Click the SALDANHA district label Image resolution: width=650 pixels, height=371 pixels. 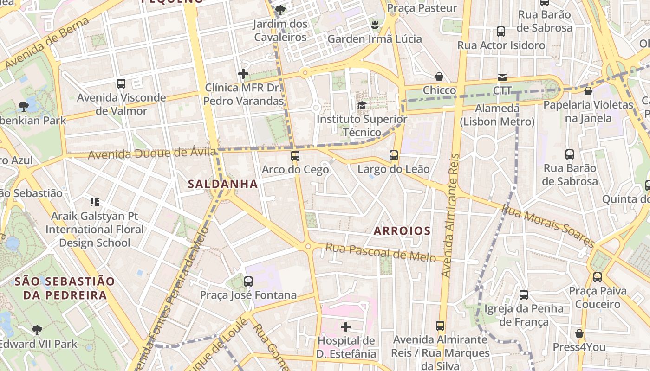[x=223, y=184]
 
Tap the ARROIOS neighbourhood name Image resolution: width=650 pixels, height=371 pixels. [x=402, y=230]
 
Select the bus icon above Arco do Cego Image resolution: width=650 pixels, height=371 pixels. [x=295, y=155]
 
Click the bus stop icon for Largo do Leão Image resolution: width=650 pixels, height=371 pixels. [x=394, y=155]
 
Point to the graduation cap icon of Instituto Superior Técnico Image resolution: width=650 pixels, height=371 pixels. [x=362, y=105]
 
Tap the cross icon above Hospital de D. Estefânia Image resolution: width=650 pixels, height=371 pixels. [x=346, y=327]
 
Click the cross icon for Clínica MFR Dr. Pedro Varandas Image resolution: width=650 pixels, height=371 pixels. [x=243, y=74]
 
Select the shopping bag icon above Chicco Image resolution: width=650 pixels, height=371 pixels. [x=439, y=77]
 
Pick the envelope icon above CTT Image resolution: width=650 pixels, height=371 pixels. [x=502, y=77]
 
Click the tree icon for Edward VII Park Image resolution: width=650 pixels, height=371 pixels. [x=37, y=330]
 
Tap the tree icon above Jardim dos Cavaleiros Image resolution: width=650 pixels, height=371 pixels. [x=280, y=10]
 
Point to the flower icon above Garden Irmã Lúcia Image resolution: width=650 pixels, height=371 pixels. [x=375, y=25]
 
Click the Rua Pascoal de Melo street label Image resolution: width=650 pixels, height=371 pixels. [x=380, y=252]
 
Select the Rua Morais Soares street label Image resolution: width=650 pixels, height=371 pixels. [x=548, y=226]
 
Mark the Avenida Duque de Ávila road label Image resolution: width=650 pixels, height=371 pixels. [x=152, y=153]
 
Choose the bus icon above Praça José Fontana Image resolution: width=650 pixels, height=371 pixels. [x=248, y=281]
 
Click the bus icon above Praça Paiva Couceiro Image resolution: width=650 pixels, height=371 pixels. [x=598, y=277]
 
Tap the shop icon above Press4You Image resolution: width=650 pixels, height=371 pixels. [x=579, y=333]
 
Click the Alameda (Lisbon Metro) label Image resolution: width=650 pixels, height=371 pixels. [x=497, y=115]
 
